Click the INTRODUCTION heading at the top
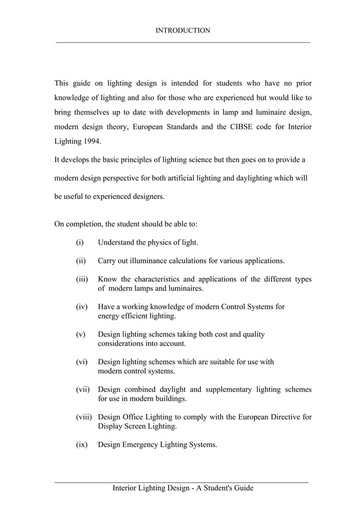coord(182,30)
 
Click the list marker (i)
coord(80,243)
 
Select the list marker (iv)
coord(81,307)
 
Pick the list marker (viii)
coord(85,417)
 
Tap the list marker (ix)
coord(82,445)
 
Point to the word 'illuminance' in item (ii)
coord(153,261)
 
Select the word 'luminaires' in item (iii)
coord(185,289)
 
